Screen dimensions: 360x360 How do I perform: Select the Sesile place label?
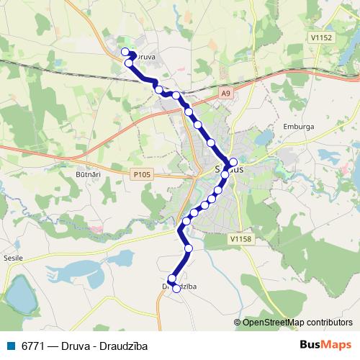click(x=13, y=257)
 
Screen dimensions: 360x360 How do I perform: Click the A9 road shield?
click(x=226, y=93)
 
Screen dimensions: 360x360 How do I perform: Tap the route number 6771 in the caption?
click(x=33, y=346)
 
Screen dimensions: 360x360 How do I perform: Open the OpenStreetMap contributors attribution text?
click(x=297, y=322)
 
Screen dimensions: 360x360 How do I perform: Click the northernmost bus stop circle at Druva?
click(x=125, y=51)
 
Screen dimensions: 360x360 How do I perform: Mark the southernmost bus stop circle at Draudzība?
click(x=176, y=289)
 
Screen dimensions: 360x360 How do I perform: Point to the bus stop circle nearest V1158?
click(x=189, y=248)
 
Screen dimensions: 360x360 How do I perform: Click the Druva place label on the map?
click(x=146, y=55)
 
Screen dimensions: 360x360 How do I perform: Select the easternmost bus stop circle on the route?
click(x=233, y=161)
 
